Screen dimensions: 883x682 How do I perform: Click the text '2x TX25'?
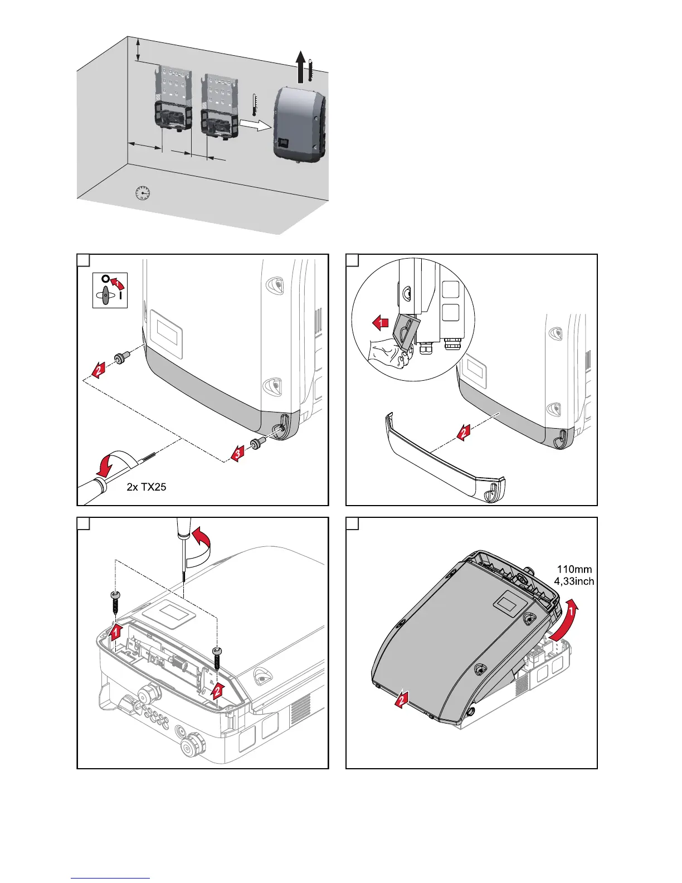pyautogui.click(x=147, y=487)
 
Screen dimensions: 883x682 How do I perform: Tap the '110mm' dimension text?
pyautogui.click(x=574, y=569)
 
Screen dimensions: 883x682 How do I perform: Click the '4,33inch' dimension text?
pyautogui.click(x=574, y=581)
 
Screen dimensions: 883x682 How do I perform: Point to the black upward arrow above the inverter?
pyautogui.click(x=300, y=66)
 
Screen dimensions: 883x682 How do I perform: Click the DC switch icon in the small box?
pyautogui.click(x=110, y=290)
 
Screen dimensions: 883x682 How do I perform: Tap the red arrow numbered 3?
pyautogui.click(x=237, y=454)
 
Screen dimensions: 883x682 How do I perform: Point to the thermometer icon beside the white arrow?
pyautogui.click(x=255, y=104)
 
